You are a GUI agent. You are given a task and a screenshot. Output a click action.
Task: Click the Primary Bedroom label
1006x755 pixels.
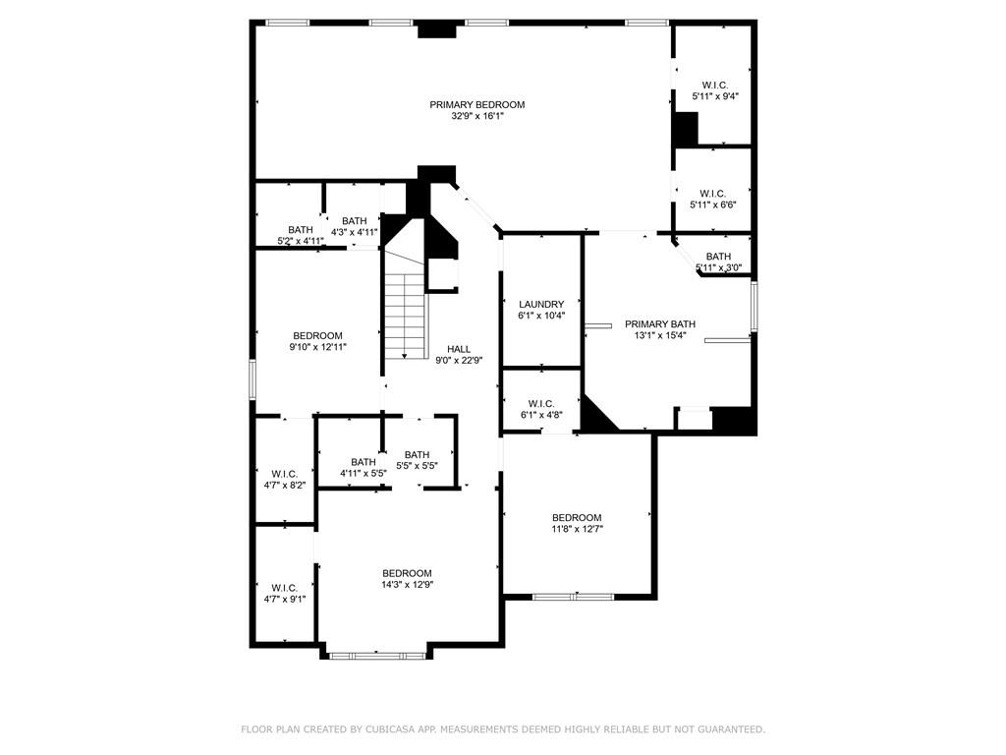tap(476, 104)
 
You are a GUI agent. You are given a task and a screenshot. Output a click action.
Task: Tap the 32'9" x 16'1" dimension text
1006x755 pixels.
tap(477, 116)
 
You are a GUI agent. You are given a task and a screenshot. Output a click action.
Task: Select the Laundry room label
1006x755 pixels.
tap(541, 305)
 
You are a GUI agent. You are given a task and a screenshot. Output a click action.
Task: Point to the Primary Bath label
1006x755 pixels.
tap(660, 324)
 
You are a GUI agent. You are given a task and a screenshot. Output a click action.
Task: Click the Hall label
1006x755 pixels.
tap(459, 349)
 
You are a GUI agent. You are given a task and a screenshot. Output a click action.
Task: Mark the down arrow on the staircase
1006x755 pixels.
tap(405, 354)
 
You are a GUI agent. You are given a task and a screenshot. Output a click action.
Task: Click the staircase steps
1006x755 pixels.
tap(405, 315)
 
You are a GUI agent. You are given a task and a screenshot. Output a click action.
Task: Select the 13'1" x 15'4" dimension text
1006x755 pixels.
tap(660, 336)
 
